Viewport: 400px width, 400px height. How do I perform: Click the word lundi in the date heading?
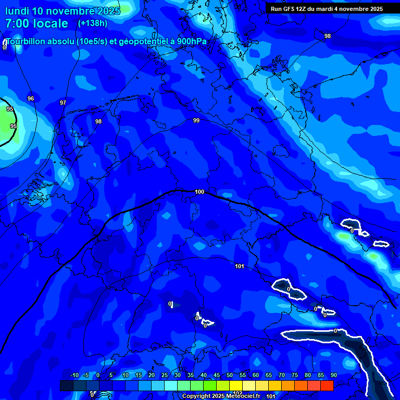click(x=17, y=11)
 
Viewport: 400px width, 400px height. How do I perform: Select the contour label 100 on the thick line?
click(x=199, y=192)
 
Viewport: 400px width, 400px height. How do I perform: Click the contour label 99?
click(x=196, y=121)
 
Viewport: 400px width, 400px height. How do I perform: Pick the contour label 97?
click(x=63, y=103)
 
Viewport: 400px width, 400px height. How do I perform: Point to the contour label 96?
click(x=31, y=98)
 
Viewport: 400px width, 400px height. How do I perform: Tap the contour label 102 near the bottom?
click(x=237, y=393)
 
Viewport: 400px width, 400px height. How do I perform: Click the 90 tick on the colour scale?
click(x=333, y=376)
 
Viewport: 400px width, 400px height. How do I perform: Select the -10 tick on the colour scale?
click(x=74, y=376)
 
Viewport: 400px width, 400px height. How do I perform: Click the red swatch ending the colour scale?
click(x=327, y=385)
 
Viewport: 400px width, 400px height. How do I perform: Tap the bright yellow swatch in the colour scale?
click(x=249, y=385)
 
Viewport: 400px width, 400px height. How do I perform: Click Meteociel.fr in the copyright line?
click(x=240, y=396)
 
